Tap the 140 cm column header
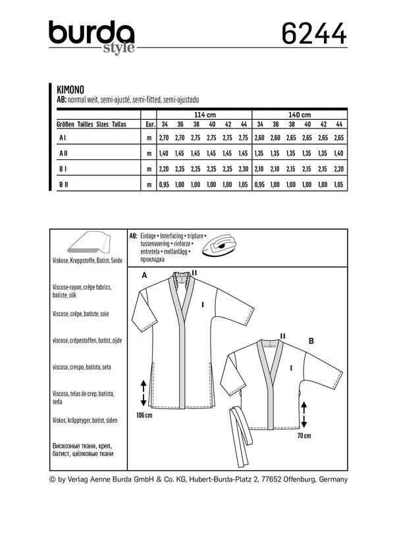pos(300,113)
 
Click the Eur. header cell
pos(149,124)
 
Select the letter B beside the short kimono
pos(310,342)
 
